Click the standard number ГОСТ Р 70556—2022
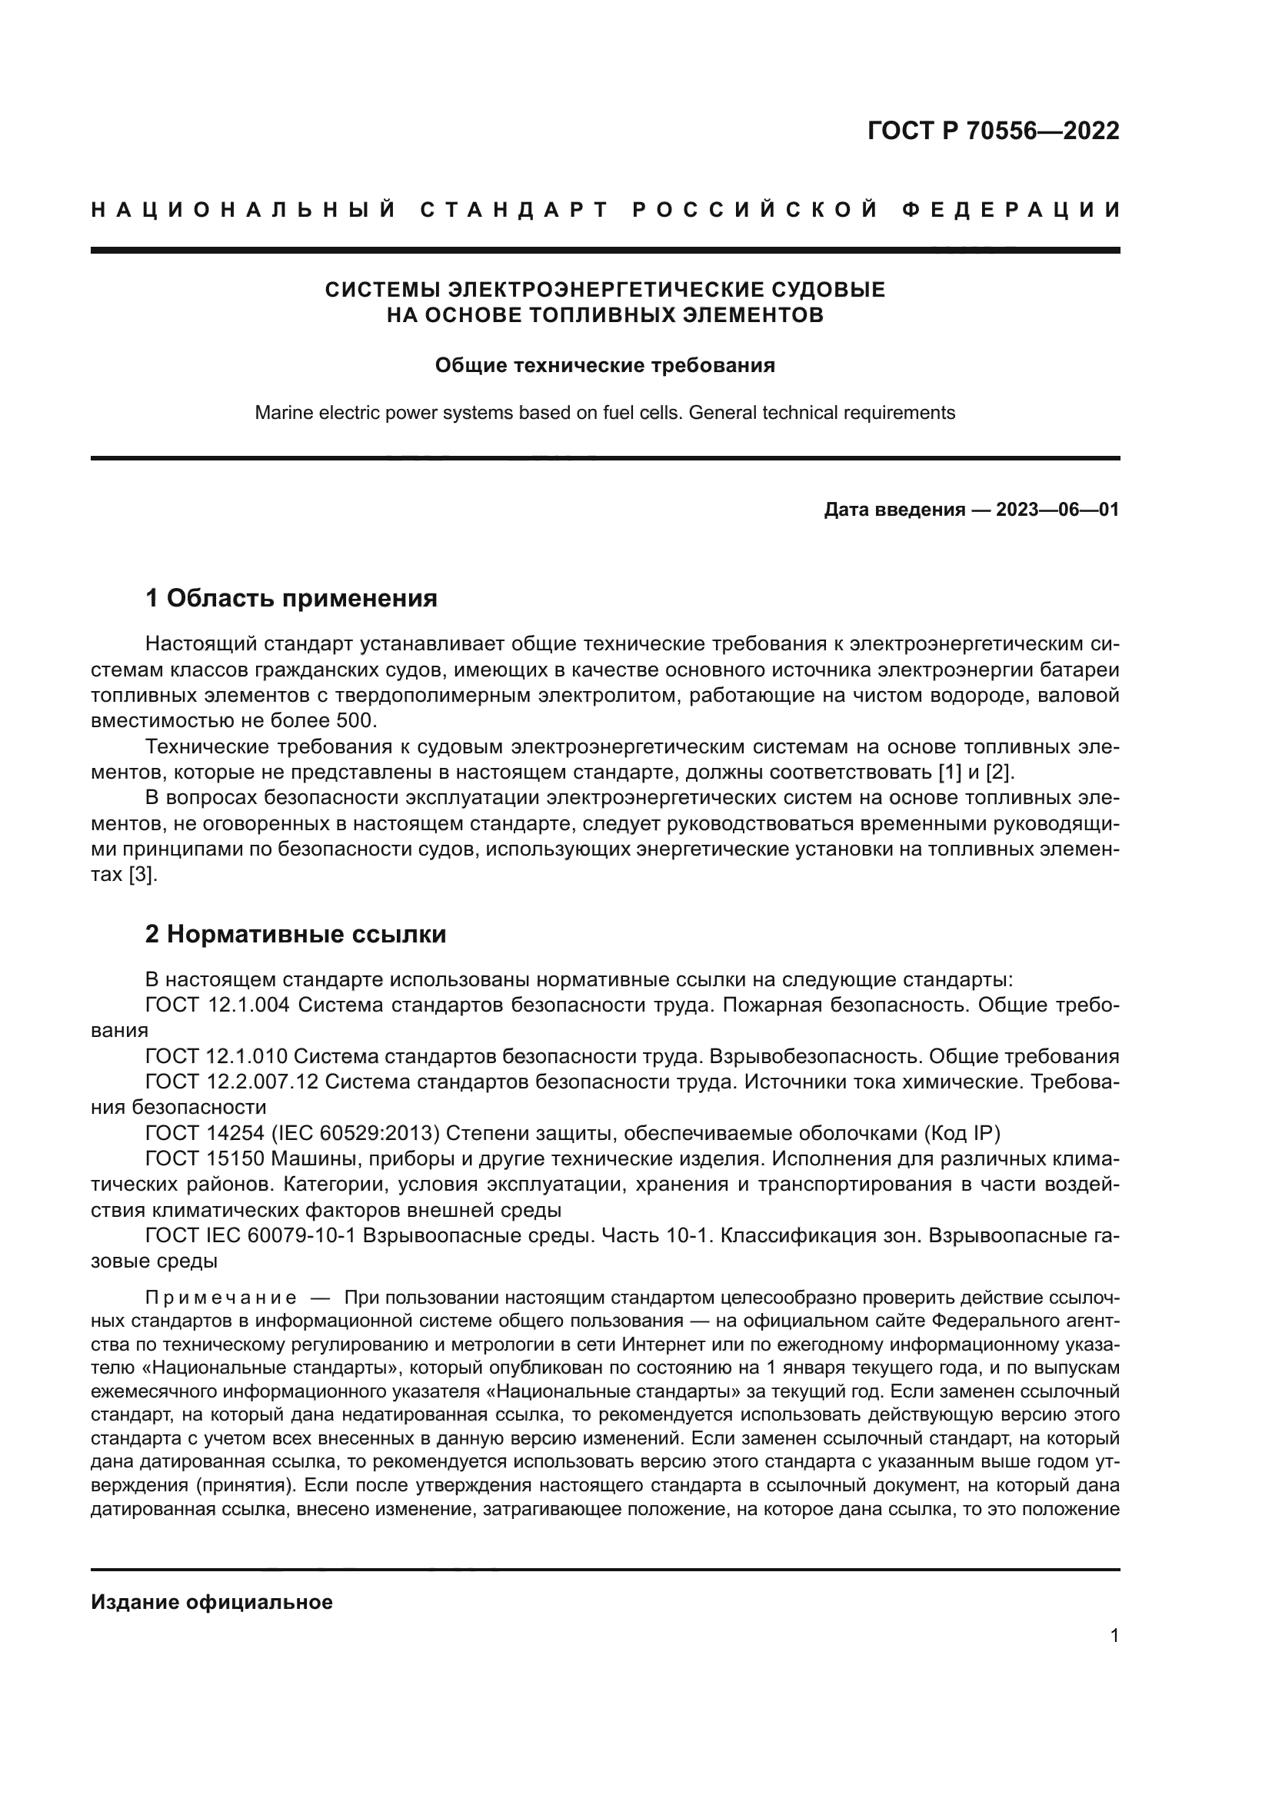(x=992, y=131)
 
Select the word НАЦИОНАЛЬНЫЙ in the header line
(x=244, y=210)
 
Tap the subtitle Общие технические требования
(x=604, y=366)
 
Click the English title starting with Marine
(x=604, y=413)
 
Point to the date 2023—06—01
(x=1057, y=510)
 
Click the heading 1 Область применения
(x=291, y=599)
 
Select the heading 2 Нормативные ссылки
(x=296, y=934)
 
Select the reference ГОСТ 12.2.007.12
(x=231, y=1082)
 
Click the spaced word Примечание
(x=221, y=1298)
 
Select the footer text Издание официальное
(x=211, y=1602)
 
